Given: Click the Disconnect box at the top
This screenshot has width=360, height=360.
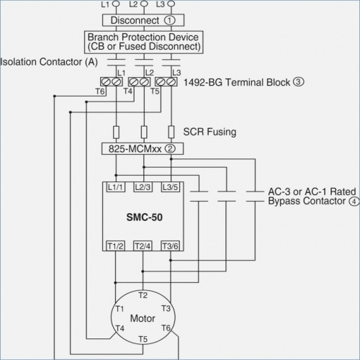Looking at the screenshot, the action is click(x=143, y=20).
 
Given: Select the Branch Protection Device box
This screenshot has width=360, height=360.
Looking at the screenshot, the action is click(x=144, y=42).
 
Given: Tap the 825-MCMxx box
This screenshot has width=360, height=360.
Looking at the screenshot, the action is click(x=143, y=149).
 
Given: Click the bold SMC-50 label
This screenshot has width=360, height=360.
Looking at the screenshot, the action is click(x=145, y=217).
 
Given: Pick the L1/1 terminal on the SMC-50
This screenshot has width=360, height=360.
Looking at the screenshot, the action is click(x=115, y=187).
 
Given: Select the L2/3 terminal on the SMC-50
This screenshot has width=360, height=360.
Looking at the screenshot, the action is click(x=143, y=187).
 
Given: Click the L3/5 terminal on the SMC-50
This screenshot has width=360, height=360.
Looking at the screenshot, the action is click(x=171, y=187).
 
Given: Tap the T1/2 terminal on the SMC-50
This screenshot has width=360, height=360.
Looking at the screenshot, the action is click(x=115, y=246).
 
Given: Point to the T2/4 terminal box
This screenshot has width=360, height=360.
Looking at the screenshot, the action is click(x=143, y=246).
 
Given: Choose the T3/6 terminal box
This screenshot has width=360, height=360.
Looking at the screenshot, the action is click(x=170, y=246).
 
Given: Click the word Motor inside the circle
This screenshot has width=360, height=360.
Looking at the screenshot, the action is click(x=143, y=318).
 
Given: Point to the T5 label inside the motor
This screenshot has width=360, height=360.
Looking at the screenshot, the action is click(x=143, y=339).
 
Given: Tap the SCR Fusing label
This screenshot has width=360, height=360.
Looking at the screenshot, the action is click(x=210, y=132).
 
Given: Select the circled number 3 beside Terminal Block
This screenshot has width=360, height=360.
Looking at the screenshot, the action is click(x=298, y=82).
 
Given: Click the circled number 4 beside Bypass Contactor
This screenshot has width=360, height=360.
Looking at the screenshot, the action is click(x=354, y=202).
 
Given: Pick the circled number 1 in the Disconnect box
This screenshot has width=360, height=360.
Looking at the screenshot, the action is click(x=170, y=20).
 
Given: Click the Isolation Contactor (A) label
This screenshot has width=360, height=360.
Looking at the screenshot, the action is click(x=49, y=62).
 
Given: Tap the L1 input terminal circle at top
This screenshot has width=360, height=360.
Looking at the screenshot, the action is click(x=116, y=4).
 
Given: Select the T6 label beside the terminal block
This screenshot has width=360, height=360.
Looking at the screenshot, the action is click(x=100, y=91).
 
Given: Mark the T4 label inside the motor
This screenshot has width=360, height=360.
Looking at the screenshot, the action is click(x=120, y=328).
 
